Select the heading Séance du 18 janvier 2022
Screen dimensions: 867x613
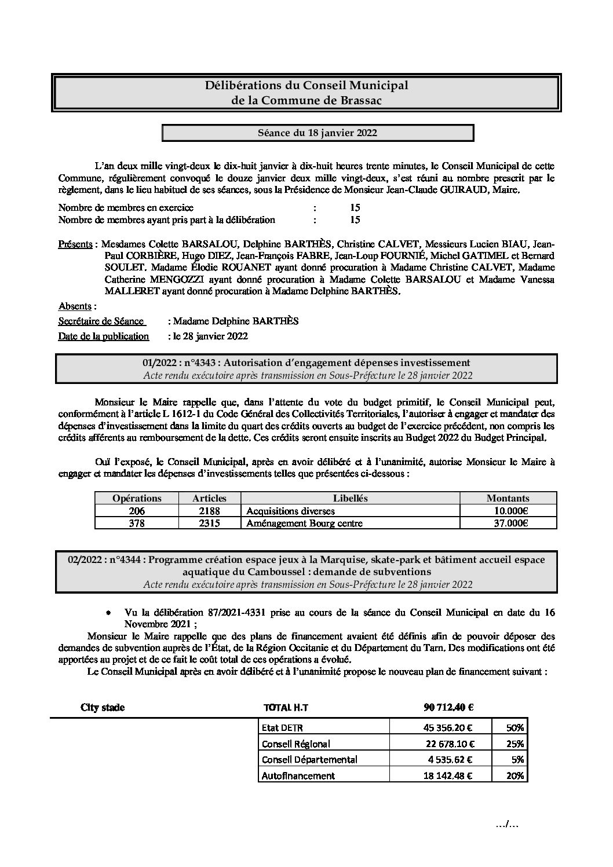click(x=317, y=133)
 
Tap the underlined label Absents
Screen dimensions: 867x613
click(x=75, y=306)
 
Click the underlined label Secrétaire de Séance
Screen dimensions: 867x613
click(x=101, y=321)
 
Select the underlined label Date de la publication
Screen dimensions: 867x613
click(x=104, y=336)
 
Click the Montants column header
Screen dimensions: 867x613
click(x=508, y=498)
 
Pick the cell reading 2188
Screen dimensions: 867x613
click(x=209, y=511)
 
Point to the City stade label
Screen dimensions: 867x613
click(x=103, y=707)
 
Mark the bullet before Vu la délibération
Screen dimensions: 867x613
click(x=109, y=612)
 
